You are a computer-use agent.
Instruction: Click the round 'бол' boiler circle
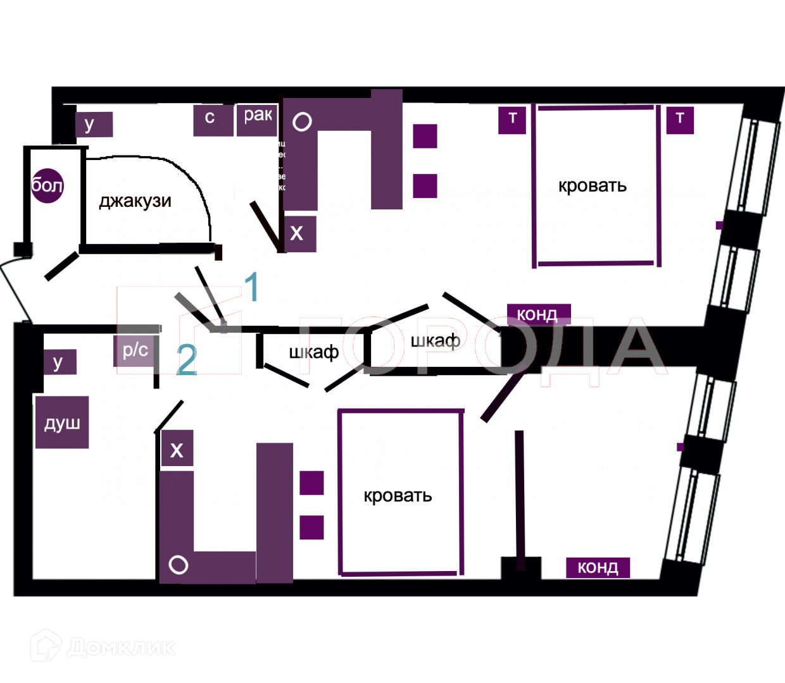[x=47, y=185]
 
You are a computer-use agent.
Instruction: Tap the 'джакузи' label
[x=135, y=201]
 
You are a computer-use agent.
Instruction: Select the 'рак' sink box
[x=257, y=120]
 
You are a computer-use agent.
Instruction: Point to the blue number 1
[x=252, y=287]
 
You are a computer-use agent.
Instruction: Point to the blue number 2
[x=186, y=360]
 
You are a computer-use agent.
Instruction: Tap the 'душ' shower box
[x=62, y=422]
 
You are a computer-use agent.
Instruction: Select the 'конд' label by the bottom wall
[x=598, y=567]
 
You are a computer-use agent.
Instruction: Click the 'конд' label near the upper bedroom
[x=537, y=314]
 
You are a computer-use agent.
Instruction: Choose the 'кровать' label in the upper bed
[x=592, y=186]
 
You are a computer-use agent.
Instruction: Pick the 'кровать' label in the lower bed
[x=398, y=495]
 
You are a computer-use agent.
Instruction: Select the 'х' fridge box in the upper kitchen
[x=298, y=234]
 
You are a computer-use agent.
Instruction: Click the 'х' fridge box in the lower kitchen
[x=177, y=450]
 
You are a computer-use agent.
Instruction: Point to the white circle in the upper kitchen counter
[x=302, y=121]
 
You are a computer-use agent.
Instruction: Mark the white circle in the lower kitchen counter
[x=179, y=565]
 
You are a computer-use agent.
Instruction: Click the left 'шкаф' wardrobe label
[x=313, y=352]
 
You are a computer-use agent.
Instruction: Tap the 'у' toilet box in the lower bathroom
[x=59, y=362]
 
